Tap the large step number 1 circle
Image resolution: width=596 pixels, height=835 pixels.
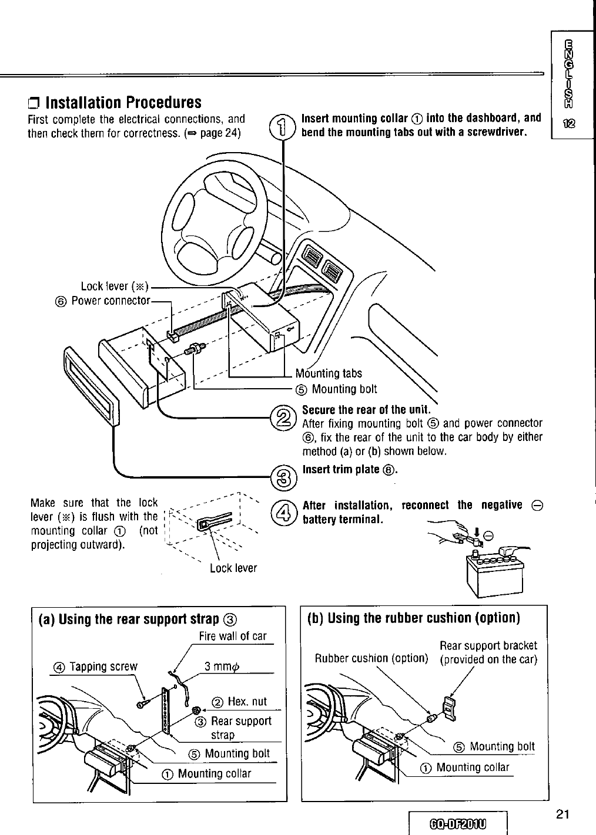282,127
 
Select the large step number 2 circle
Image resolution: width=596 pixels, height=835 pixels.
283,418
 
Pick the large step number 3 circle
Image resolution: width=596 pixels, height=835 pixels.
283,478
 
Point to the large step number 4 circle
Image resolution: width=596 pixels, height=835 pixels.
283,513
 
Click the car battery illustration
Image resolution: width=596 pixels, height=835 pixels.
495,573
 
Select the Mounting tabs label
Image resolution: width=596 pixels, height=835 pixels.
329,373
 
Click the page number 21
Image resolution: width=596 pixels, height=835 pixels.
562,814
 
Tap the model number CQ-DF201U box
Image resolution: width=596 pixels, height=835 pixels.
458,823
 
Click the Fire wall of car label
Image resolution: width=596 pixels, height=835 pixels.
233,637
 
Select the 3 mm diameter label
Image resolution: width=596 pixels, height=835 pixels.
222,666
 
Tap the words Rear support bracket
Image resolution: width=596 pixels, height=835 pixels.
488,646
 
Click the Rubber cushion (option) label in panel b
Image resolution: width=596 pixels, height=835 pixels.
371,658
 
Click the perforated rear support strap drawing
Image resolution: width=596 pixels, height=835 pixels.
165,711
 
